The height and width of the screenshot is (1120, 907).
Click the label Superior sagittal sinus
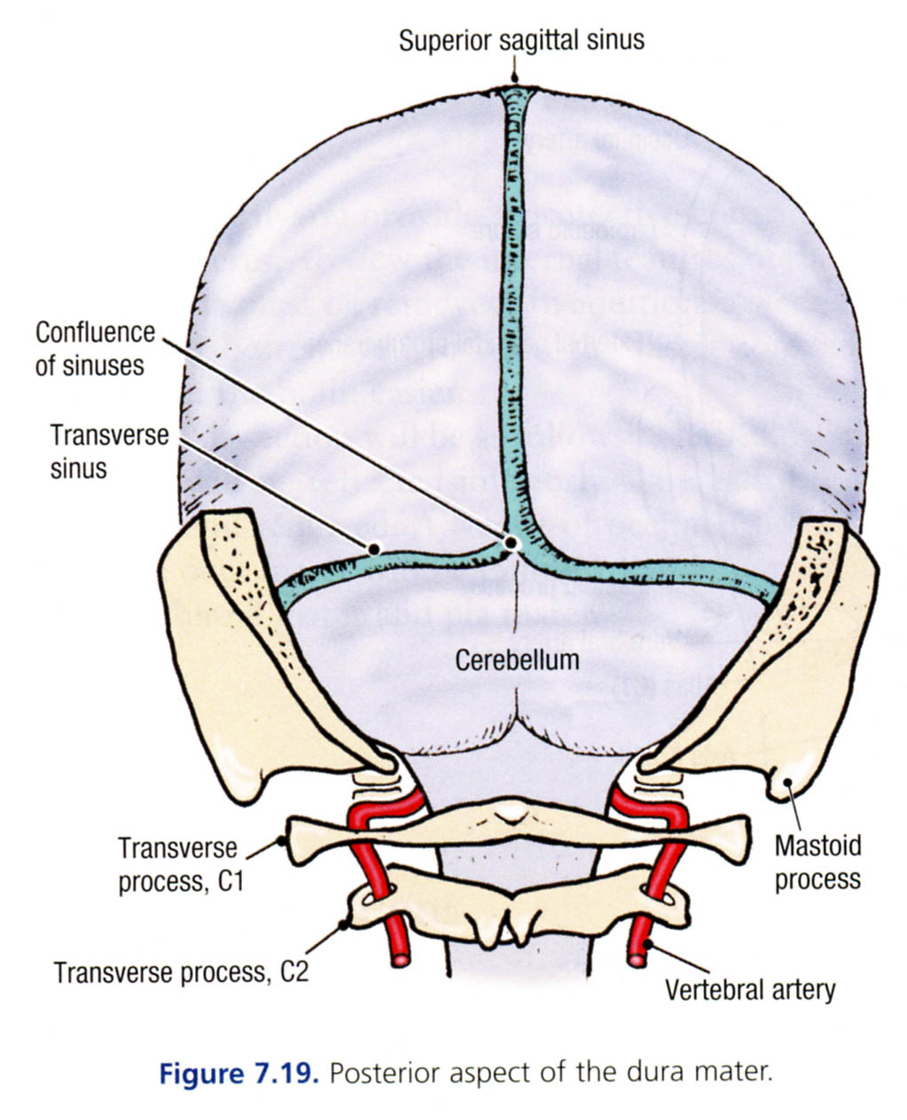(x=521, y=40)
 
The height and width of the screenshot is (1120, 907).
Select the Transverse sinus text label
(x=109, y=451)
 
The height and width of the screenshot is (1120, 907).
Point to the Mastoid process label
(x=817, y=862)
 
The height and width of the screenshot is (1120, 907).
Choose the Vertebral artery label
(x=750, y=988)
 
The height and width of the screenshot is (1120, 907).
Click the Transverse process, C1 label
(x=181, y=864)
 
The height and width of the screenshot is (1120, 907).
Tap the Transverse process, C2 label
(x=181, y=972)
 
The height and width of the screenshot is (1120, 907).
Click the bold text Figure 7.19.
(x=238, y=1073)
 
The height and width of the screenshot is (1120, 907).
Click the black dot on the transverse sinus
(x=374, y=549)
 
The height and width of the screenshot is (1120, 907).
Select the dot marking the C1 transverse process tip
(x=282, y=840)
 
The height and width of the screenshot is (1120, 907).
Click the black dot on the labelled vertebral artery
(x=649, y=945)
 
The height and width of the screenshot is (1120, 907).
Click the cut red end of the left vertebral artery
(x=402, y=959)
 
